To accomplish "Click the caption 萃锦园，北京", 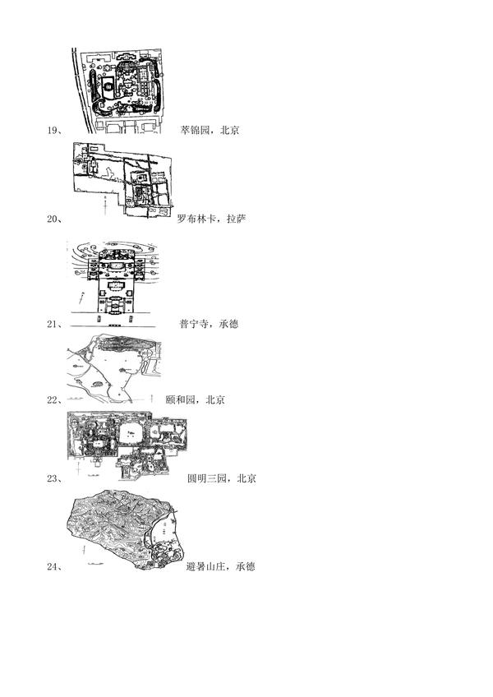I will (x=210, y=131).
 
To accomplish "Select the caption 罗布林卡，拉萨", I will (x=212, y=219).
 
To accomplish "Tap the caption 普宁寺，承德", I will (x=209, y=324).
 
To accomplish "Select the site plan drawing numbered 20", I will (x=123, y=180).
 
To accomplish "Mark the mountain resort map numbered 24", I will (x=131, y=529).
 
